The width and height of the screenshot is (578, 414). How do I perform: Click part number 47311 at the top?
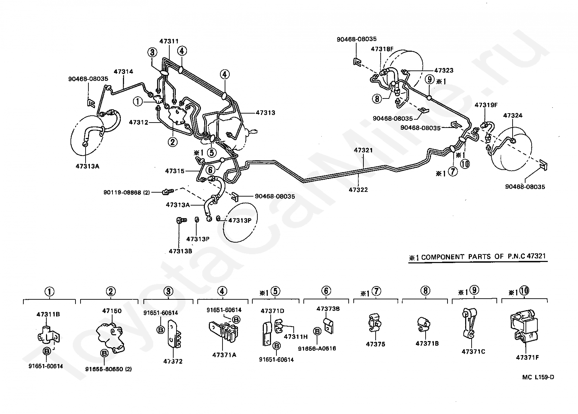(169, 41)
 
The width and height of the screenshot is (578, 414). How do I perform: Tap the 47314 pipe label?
(123, 72)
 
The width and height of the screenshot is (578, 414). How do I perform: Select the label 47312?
(139, 123)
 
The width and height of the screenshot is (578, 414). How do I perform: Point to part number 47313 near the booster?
(265, 112)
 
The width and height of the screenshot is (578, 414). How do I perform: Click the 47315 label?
(175, 171)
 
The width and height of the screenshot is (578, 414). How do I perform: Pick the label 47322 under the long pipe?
(358, 190)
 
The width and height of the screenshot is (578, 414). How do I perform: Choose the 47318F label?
(382, 49)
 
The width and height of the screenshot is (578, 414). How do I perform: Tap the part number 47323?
(444, 71)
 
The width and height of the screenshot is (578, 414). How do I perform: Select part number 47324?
(513, 115)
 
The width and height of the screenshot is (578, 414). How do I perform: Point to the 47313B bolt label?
(180, 251)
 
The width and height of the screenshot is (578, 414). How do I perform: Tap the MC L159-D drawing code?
(538, 377)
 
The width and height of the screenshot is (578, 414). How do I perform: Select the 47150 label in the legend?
(112, 311)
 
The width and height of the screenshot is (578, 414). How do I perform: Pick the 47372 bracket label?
(173, 361)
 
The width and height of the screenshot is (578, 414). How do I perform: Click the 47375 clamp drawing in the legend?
(375, 322)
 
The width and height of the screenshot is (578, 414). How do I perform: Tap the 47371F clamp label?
(527, 357)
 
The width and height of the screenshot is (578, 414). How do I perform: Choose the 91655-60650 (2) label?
(108, 369)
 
